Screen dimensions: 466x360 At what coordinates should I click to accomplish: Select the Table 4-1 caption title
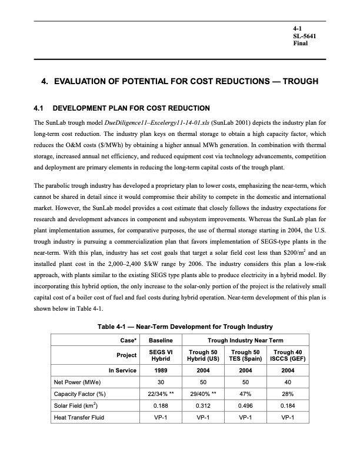(x=179, y=327)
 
